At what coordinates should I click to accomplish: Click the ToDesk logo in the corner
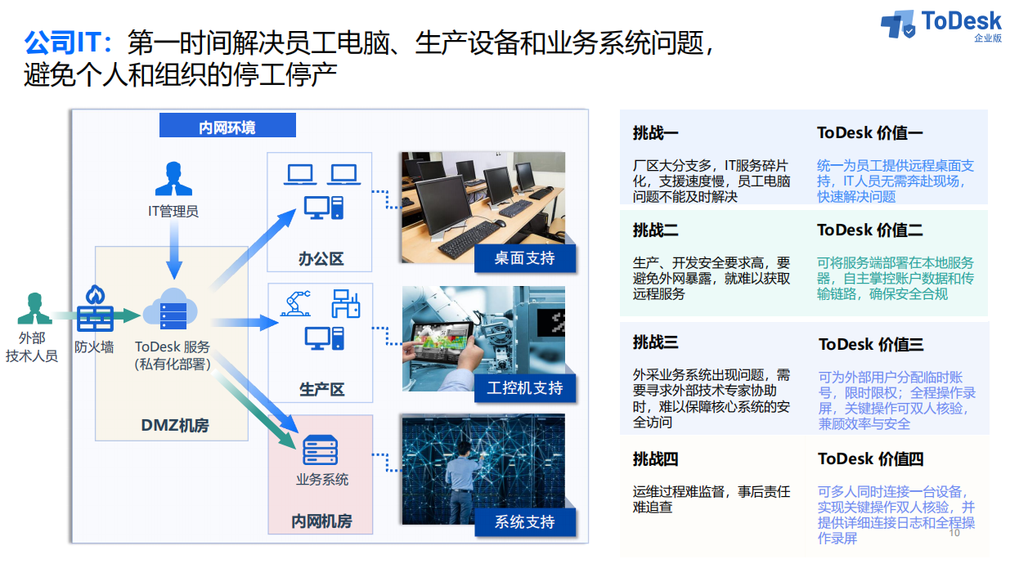click(x=940, y=25)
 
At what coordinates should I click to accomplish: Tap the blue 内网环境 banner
click(x=227, y=125)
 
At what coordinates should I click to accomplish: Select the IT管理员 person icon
click(x=173, y=178)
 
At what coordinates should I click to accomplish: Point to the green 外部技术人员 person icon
click(x=34, y=308)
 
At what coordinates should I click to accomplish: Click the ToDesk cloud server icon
click(x=171, y=309)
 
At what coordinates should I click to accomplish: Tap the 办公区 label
click(x=321, y=259)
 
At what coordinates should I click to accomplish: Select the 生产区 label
click(x=321, y=389)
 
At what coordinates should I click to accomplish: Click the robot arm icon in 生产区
click(x=296, y=303)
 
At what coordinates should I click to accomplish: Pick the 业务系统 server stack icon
click(x=321, y=449)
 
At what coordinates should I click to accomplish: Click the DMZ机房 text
click(x=175, y=425)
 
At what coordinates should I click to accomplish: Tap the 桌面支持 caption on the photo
click(x=524, y=258)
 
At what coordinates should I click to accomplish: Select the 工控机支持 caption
click(x=524, y=388)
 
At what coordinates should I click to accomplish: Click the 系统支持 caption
click(x=524, y=521)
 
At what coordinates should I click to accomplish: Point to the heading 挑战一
click(x=655, y=132)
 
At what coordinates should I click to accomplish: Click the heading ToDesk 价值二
click(x=870, y=230)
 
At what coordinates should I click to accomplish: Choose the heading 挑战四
click(x=655, y=458)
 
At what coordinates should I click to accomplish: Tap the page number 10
click(x=954, y=533)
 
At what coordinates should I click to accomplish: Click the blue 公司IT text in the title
click(x=68, y=42)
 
